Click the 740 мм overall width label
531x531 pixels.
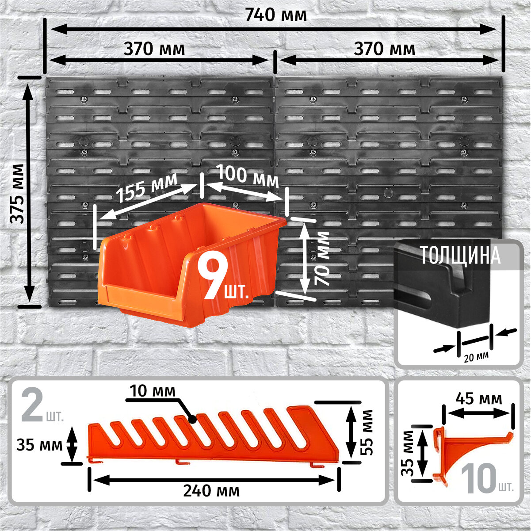(275, 15)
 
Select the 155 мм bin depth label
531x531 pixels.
(146, 188)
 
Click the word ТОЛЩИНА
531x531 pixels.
(460, 256)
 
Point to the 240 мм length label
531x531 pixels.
(213, 491)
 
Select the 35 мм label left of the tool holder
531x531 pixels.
(39, 444)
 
